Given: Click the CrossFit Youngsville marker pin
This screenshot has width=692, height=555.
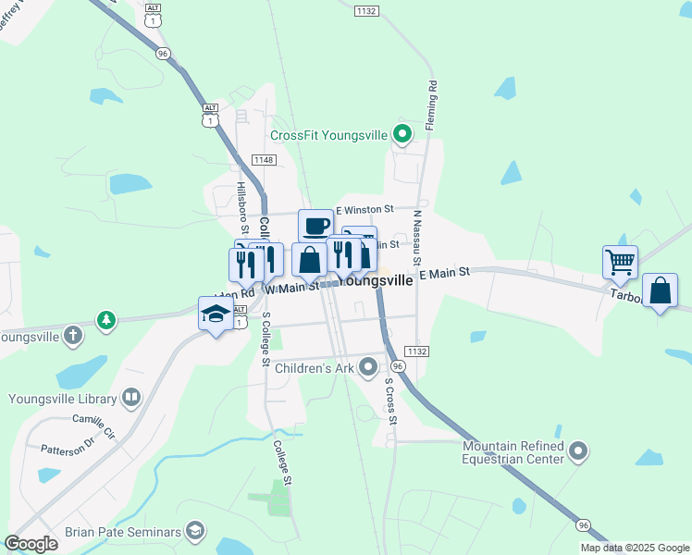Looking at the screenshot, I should click(x=402, y=135).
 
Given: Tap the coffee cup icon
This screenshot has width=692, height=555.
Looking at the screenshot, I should click(x=315, y=225).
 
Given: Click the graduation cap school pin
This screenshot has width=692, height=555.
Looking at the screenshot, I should click(x=216, y=314).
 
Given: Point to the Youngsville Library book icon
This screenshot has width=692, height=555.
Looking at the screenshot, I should click(x=132, y=399).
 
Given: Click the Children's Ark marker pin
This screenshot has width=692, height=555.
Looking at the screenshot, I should click(x=369, y=368).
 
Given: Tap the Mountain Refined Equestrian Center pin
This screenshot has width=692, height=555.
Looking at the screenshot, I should click(x=578, y=451).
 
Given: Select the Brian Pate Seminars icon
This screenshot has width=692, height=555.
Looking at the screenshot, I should click(x=194, y=531).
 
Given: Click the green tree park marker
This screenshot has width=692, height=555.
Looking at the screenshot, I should click(x=107, y=320).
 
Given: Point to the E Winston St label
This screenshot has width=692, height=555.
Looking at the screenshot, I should click(x=365, y=210).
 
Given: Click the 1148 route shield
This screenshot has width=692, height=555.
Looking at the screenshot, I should click(x=262, y=160).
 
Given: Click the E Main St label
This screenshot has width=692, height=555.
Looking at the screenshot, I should click(x=445, y=273).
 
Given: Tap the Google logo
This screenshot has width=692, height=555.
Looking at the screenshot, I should click(x=31, y=544).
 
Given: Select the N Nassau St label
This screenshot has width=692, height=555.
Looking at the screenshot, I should click(x=418, y=235).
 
